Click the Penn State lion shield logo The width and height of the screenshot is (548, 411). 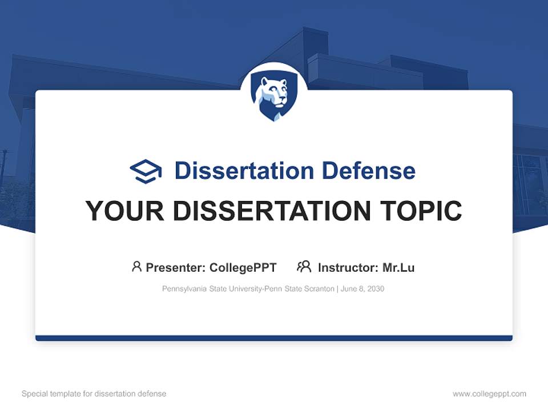(274, 96)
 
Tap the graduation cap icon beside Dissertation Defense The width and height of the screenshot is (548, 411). (146, 171)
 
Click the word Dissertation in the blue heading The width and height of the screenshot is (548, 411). (244, 171)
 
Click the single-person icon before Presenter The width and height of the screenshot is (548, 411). (136, 267)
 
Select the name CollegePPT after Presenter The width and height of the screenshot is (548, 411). (243, 267)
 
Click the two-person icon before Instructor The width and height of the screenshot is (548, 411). (304, 267)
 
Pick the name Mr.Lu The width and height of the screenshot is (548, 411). (398, 267)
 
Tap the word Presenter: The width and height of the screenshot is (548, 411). (176, 267)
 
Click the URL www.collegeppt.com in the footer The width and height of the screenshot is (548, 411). (489, 394)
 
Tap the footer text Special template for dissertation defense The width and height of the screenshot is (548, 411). (94, 394)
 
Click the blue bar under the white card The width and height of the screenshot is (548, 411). (274, 338)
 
